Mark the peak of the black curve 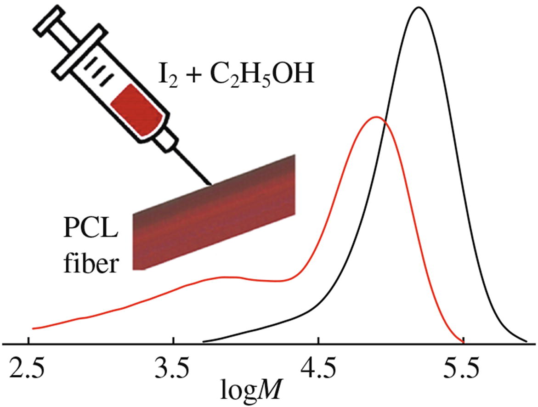click(x=419, y=7)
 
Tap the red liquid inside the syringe click(x=136, y=111)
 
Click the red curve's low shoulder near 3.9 click(x=225, y=277)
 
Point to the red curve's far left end click(x=33, y=328)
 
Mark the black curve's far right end click(x=526, y=341)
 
